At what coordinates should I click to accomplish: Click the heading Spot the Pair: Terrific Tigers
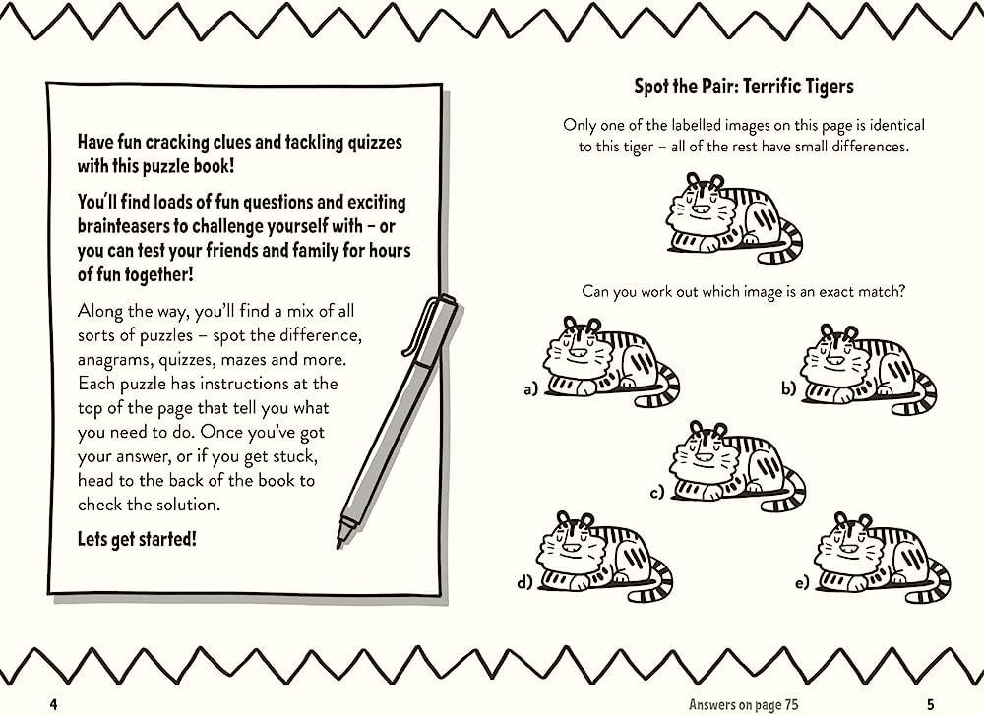[x=744, y=86]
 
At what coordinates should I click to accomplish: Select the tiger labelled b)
[x=868, y=371]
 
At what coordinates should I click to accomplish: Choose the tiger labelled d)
[x=604, y=555]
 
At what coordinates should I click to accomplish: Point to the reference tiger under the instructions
[x=734, y=217]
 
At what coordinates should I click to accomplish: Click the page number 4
[x=53, y=704]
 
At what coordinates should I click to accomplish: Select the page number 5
[x=930, y=704]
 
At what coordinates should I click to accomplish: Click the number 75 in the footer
[x=791, y=704]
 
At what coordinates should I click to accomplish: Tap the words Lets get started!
[x=137, y=539]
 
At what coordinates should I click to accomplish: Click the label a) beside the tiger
[x=531, y=389]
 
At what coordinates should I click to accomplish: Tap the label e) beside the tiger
[x=802, y=584]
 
